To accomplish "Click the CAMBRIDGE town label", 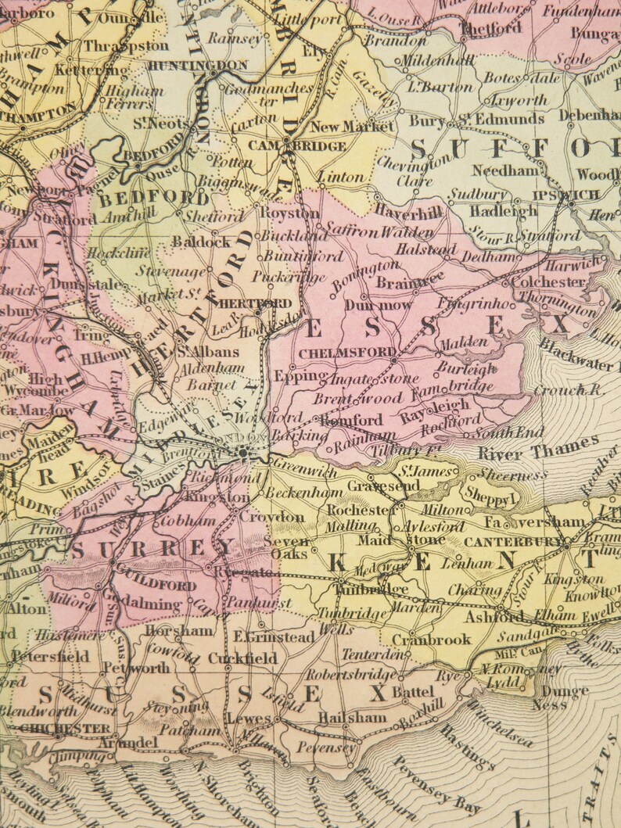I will pos(298,146).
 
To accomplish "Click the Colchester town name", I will pos(551,281).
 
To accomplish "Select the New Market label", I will pos(352,127).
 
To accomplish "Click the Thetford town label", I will pos(492,28).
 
